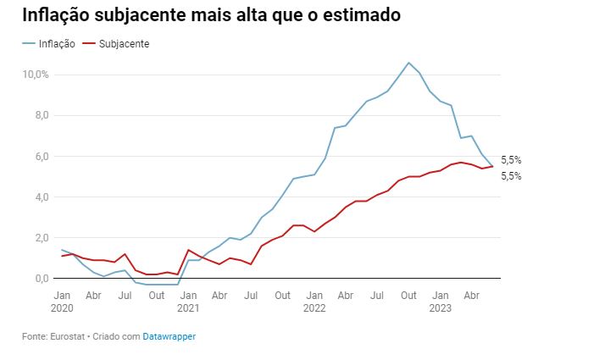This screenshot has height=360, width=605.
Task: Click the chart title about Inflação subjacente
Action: coord(211,16)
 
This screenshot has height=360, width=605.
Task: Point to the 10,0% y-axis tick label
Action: coord(36,75)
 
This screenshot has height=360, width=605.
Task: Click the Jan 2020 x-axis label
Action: coord(62,301)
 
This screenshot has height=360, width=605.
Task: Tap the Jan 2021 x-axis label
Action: coord(188,301)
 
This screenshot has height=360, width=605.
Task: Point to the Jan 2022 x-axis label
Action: coord(314,301)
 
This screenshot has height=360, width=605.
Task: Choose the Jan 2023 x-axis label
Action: coord(441,301)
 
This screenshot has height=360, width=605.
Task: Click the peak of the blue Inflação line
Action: coord(408,63)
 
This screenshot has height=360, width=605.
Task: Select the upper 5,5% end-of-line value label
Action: coord(511,160)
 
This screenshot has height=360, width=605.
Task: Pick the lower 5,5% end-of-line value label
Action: coord(511,176)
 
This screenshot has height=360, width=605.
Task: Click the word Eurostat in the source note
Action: coord(65,336)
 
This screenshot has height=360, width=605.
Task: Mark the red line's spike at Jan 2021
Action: coord(188,250)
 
